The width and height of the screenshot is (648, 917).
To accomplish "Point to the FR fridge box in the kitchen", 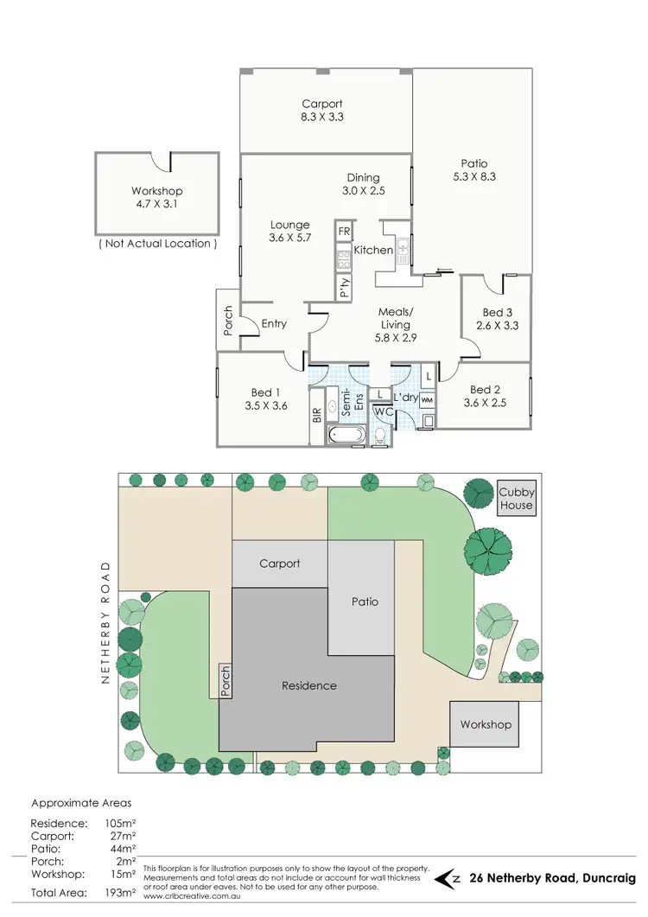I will (344, 232).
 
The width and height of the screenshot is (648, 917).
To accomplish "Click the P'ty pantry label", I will (344, 288).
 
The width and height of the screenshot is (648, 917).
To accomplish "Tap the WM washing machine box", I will (427, 400).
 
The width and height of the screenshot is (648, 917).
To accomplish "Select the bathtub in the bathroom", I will (347, 435).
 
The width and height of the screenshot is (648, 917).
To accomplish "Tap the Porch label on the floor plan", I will (228, 321).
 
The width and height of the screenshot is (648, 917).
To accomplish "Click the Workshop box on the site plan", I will (486, 724).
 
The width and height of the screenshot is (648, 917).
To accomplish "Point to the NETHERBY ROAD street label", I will (107, 622).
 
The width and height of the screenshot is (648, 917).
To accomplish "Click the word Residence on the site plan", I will (308, 685).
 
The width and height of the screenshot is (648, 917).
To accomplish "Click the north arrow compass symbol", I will (449, 877).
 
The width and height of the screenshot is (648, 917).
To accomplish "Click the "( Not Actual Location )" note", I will (157, 244).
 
